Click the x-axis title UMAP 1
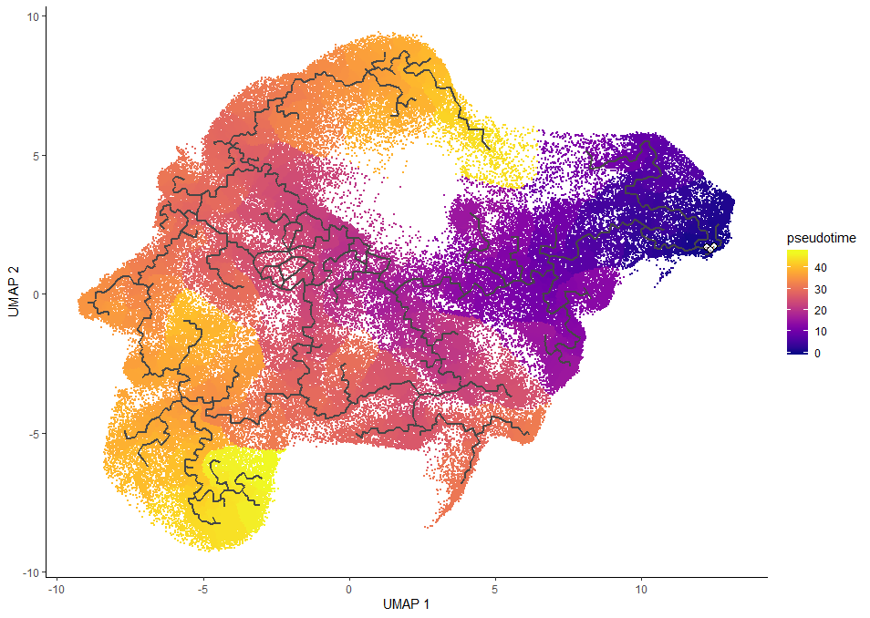pos(408,604)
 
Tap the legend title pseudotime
pos(822,238)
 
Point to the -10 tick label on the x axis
pos(57,589)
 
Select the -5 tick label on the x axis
pos(202,589)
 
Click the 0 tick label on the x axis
pos(349,589)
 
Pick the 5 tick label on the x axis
pos(495,589)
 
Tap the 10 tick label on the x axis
pos(641,589)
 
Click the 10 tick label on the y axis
pos(30,16)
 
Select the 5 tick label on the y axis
pos(33,155)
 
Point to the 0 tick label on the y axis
pos(33,294)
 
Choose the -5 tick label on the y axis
pos(31,433)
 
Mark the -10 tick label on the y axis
pos(28,572)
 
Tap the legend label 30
pos(820,290)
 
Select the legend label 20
pos(820,311)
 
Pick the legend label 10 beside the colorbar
pos(820,332)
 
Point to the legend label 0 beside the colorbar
pos(817,353)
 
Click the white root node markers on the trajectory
pos(710,248)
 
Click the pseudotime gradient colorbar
pos(798,301)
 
